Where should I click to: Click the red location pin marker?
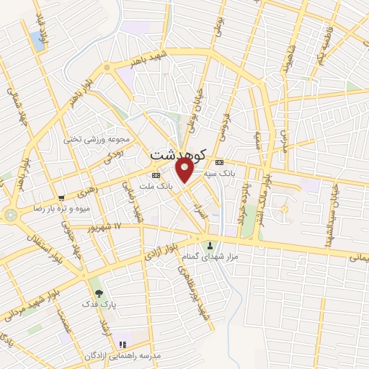(184, 171)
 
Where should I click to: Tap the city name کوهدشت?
(179, 154)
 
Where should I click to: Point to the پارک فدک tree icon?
(99, 293)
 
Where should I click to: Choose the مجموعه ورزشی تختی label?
(100, 139)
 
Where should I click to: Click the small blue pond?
(37, 41)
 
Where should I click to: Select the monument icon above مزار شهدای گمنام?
(210, 244)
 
